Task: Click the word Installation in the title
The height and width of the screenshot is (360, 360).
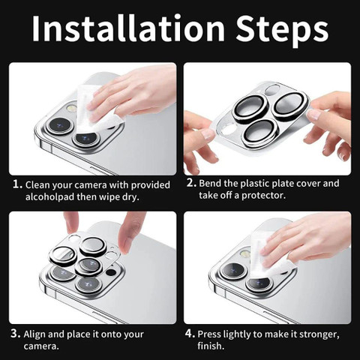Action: (x=128, y=28)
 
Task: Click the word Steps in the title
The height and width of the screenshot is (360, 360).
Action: (x=282, y=31)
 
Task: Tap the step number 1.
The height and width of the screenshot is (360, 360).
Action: (x=17, y=184)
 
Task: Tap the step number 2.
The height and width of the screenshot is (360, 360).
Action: (x=191, y=183)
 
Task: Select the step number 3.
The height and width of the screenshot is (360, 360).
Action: (x=16, y=334)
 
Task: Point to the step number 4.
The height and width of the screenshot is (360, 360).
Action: (x=190, y=333)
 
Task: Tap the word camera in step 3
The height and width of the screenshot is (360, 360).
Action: (x=41, y=346)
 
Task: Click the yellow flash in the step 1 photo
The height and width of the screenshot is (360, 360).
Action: (x=71, y=109)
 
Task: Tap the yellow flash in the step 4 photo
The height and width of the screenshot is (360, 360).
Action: (x=245, y=254)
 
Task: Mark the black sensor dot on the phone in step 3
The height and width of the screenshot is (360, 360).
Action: (x=111, y=272)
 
